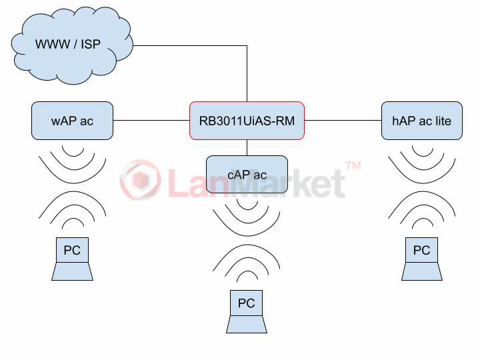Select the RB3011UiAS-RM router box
click(x=247, y=121)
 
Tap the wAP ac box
click(x=72, y=121)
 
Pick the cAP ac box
click(x=247, y=175)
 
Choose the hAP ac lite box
click(x=421, y=121)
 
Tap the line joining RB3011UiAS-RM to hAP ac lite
click(x=343, y=121)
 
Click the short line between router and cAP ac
click(x=247, y=147)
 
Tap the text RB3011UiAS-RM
click(x=247, y=121)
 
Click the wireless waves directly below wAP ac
click(x=72, y=163)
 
